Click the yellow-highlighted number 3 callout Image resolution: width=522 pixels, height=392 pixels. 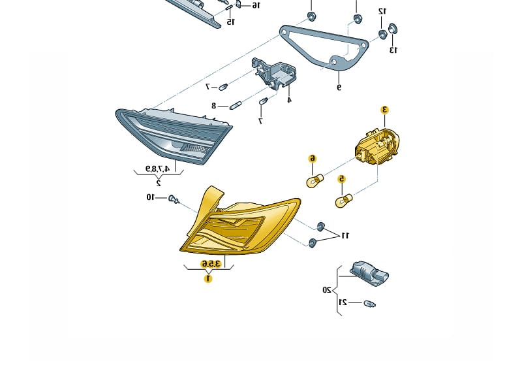pos(385,110)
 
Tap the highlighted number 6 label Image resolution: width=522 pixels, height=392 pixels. pos(313,158)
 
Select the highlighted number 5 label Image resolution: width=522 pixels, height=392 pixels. pos(341,178)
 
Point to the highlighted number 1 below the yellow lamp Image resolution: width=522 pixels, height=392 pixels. pos(208,278)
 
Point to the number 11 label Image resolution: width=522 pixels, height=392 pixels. pos(346,235)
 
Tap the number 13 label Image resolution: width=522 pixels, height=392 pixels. pos(393,50)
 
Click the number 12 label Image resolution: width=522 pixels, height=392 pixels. pos(382,11)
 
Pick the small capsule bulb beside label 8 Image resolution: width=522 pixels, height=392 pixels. pos(236,105)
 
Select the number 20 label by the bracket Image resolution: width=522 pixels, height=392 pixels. pos(326,289)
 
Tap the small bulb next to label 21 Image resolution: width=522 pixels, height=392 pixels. pos(370,304)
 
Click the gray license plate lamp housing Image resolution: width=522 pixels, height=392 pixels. pos(369,273)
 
